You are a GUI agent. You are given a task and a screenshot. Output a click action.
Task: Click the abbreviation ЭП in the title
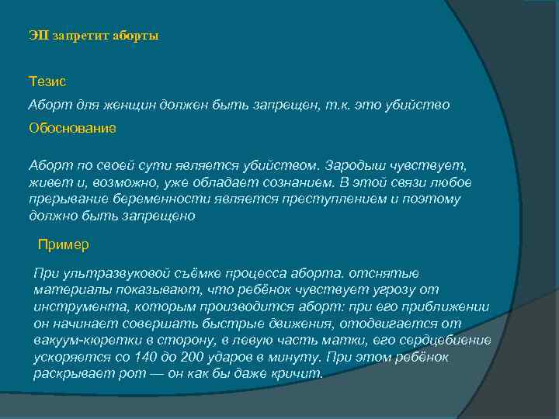(x=37, y=36)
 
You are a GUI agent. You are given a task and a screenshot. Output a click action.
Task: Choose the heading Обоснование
(x=72, y=128)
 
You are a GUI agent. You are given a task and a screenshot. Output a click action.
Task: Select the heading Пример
(x=64, y=244)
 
